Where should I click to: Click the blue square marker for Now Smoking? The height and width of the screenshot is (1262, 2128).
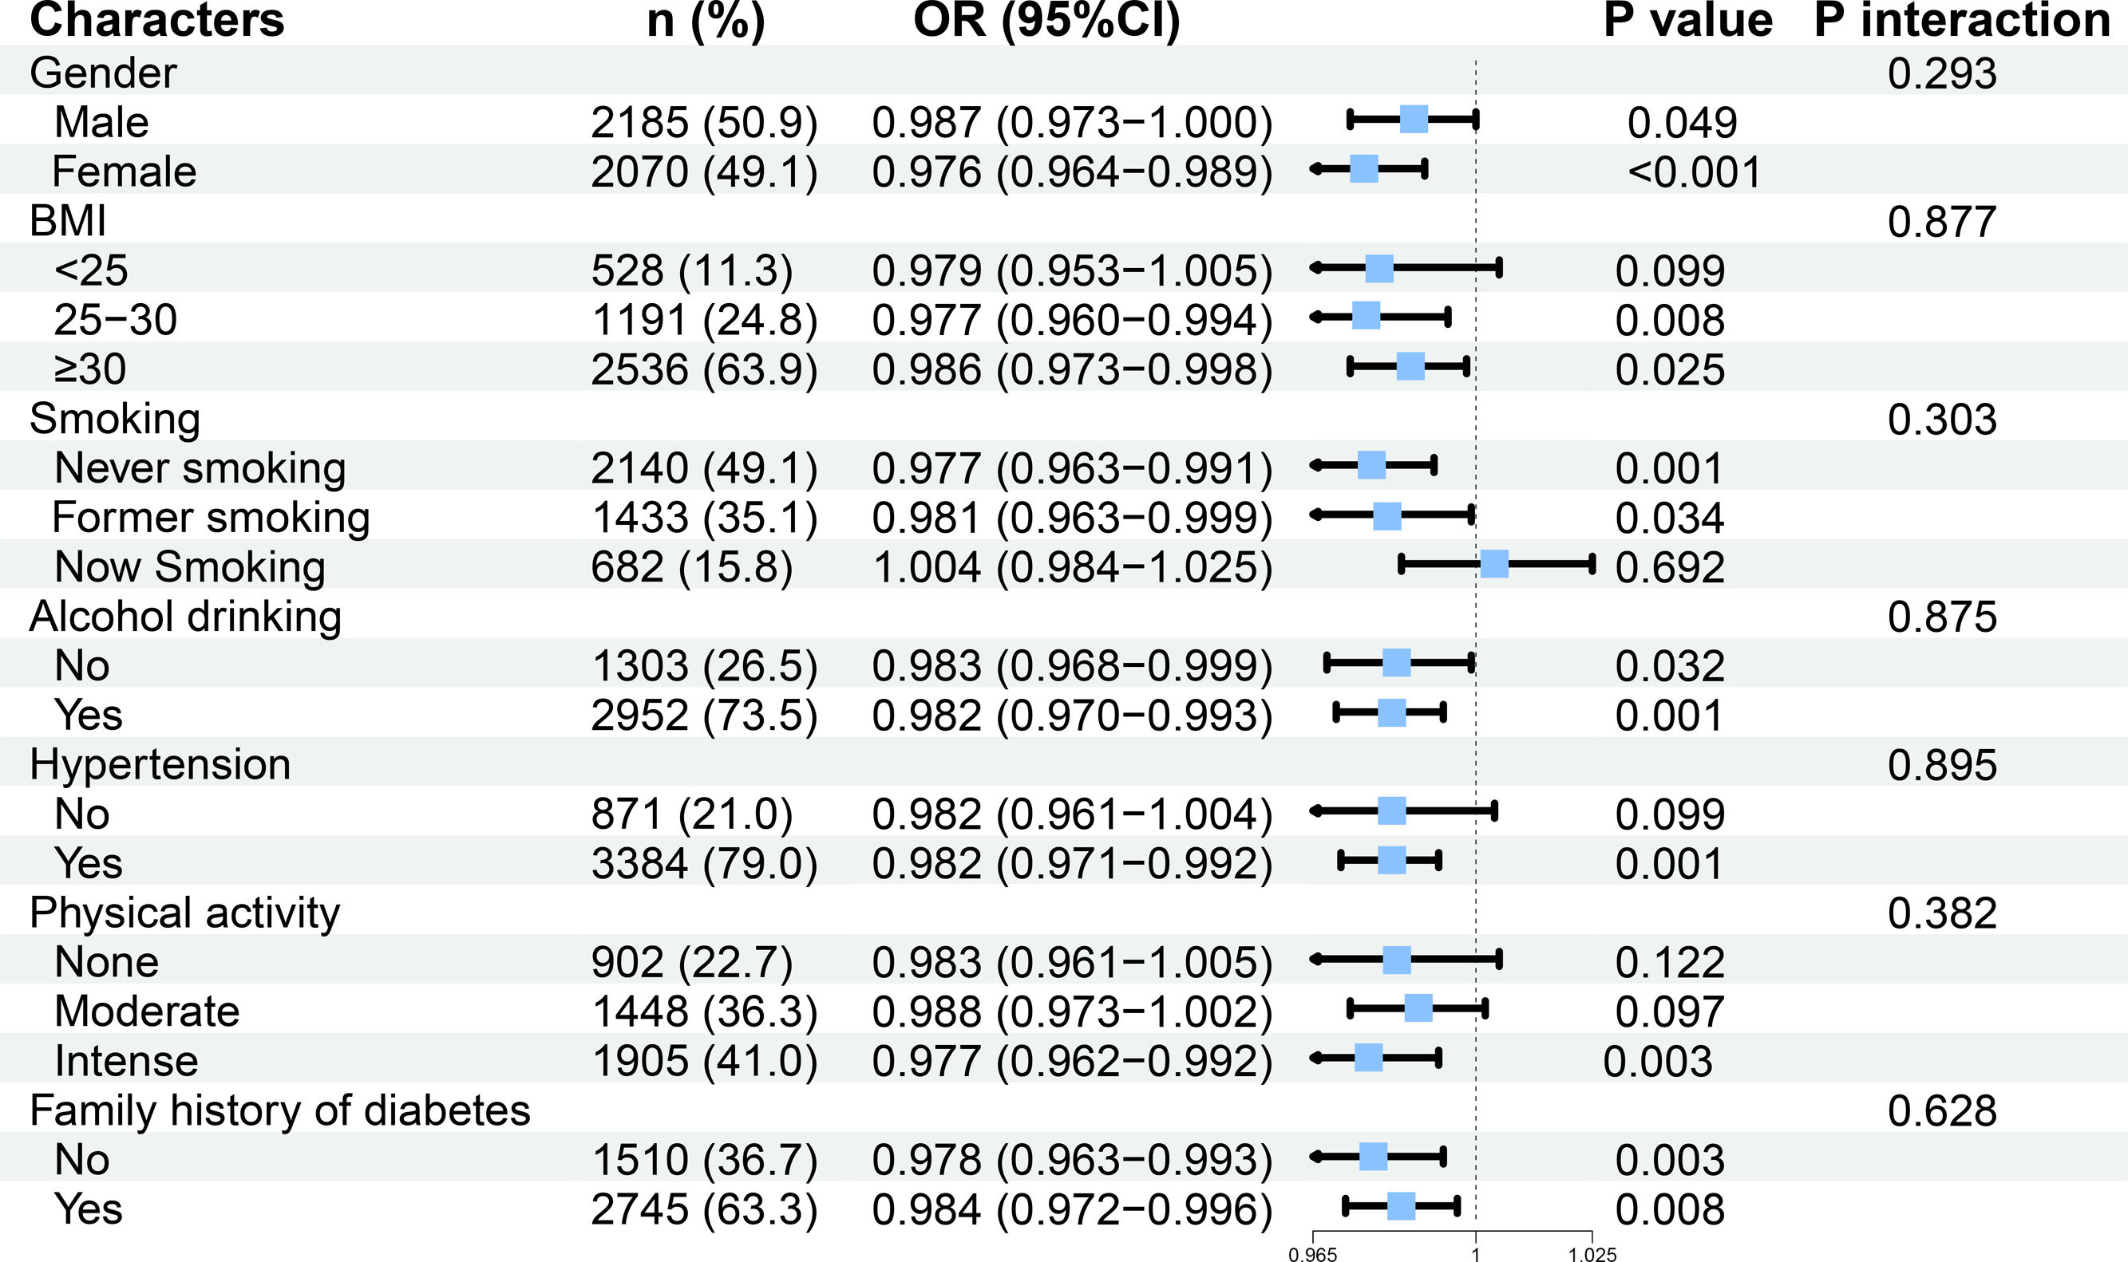coord(1494,564)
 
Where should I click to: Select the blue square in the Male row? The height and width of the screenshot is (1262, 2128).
coord(1414,119)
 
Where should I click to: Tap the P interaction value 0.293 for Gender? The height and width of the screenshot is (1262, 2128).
coord(1942,73)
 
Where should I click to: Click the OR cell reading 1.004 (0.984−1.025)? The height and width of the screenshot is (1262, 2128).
coord(1072,567)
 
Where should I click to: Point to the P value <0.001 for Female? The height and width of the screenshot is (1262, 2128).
coord(1694,172)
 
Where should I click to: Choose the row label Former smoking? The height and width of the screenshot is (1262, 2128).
coord(211,518)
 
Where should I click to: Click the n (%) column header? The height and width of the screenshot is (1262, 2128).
coord(706,21)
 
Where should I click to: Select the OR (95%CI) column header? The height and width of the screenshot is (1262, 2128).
coord(1046,21)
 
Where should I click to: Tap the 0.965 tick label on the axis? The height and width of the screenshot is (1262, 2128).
coord(1313,1253)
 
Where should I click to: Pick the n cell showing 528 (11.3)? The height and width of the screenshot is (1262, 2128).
coord(692,270)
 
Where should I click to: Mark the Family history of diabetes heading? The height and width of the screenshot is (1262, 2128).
coord(280,1110)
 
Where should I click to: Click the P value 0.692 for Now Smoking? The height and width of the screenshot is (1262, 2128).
coord(1669,567)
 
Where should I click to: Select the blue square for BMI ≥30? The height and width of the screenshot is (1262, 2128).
coord(1410,366)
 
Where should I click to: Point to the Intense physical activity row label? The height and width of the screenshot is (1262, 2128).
coord(126,1061)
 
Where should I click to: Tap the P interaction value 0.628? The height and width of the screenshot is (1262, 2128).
coord(1942,1110)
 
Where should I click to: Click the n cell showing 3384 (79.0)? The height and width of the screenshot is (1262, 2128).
coord(705,864)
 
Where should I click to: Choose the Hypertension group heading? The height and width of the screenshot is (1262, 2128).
coord(160,764)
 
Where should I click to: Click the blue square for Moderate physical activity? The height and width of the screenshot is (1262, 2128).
coord(1418,1008)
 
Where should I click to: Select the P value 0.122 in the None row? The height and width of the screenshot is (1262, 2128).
coord(1669,963)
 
